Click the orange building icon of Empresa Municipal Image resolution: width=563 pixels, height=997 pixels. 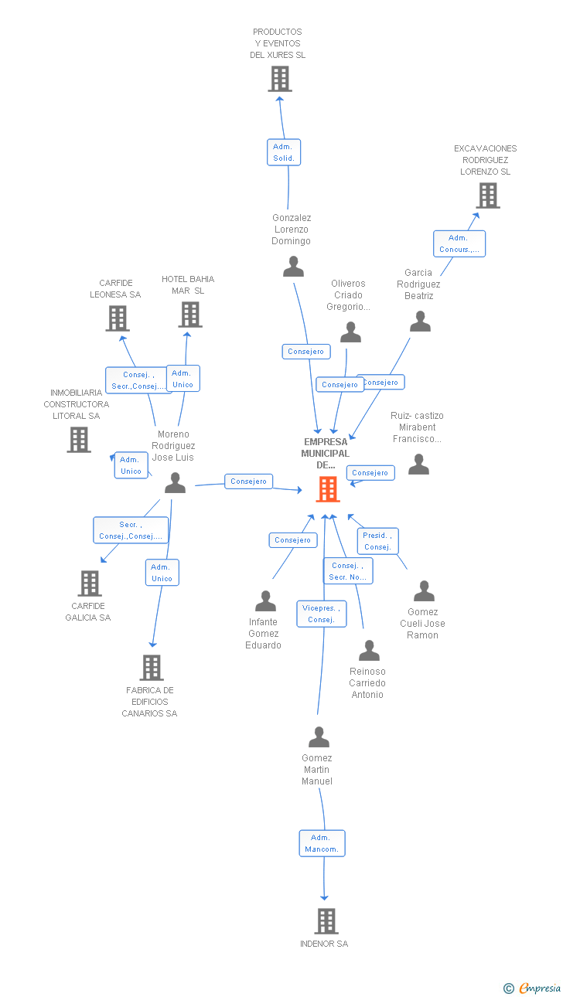(328, 489)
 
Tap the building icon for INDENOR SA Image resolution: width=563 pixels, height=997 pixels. (326, 921)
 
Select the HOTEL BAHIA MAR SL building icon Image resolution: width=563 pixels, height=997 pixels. (190, 315)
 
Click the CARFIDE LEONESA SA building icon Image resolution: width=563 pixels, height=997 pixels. (118, 318)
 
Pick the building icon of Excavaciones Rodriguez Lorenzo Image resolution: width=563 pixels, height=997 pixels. (488, 196)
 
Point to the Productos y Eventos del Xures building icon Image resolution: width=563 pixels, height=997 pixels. (280, 79)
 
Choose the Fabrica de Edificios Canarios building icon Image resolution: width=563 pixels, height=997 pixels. (152, 668)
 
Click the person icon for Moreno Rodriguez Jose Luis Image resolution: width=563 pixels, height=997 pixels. (175, 483)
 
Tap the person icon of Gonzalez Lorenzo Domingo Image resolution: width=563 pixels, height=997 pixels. (294, 266)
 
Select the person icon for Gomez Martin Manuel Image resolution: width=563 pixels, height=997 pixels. (319, 737)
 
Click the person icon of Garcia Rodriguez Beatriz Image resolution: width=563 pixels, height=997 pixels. (420, 322)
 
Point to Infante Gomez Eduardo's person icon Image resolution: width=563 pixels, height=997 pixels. (265, 601)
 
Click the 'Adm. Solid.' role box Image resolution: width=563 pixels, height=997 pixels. (284, 152)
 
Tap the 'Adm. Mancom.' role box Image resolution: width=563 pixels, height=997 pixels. (322, 843)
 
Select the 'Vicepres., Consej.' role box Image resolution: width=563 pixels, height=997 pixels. (322, 614)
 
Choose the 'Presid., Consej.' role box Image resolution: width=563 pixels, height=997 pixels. (377, 541)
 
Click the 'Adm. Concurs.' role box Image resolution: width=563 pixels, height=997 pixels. (459, 243)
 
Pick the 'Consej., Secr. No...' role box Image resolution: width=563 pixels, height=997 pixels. (348, 571)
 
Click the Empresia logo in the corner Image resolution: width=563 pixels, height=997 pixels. (532, 988)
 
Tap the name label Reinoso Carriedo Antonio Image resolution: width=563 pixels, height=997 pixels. (367, 682)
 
